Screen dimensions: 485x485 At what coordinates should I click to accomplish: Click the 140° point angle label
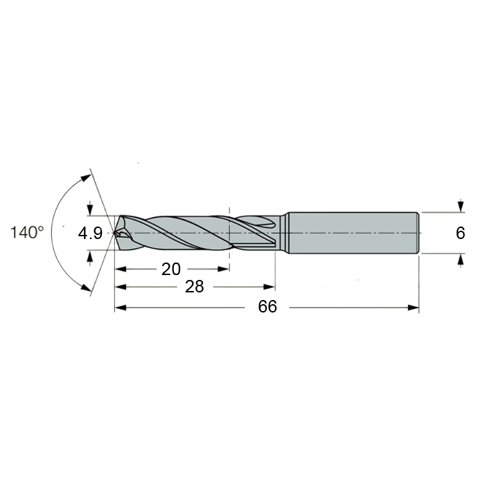coord(27,232)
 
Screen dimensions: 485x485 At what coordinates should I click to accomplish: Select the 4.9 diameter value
coord(90,233)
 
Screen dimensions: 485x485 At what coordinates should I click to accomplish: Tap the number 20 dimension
coord(171,269)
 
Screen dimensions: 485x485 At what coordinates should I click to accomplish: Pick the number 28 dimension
coord(194,287)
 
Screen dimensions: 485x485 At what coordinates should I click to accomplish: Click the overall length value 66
coord(267,306)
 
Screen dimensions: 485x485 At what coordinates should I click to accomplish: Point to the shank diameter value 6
coord(460,233)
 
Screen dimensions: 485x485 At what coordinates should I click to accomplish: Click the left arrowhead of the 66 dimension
coord(121,308)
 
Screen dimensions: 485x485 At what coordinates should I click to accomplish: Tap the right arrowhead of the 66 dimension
coord(413,308)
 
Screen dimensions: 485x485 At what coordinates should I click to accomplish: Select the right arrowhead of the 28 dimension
coord(269,287)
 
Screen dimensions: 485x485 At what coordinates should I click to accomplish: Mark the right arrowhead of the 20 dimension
coord(223,269)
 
